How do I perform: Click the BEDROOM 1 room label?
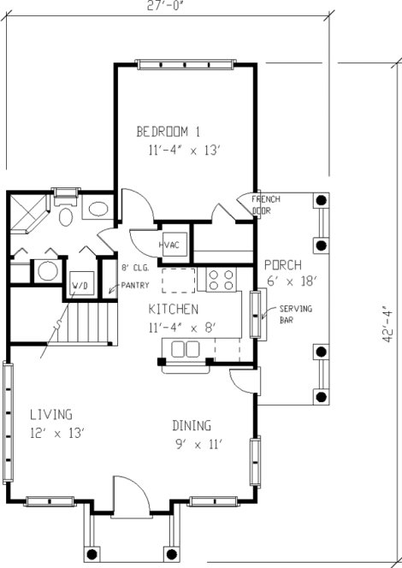coord(168,132)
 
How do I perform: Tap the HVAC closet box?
coord(167,246)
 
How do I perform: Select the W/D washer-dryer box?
coord(80,283)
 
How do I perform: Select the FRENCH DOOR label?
coord(265,204)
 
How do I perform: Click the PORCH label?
coord(281,264)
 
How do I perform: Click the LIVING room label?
coord(50,415)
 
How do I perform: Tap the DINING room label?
coord(192,425)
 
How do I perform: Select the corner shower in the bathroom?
coord(27,213)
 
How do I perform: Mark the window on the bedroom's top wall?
coord(185,64)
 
